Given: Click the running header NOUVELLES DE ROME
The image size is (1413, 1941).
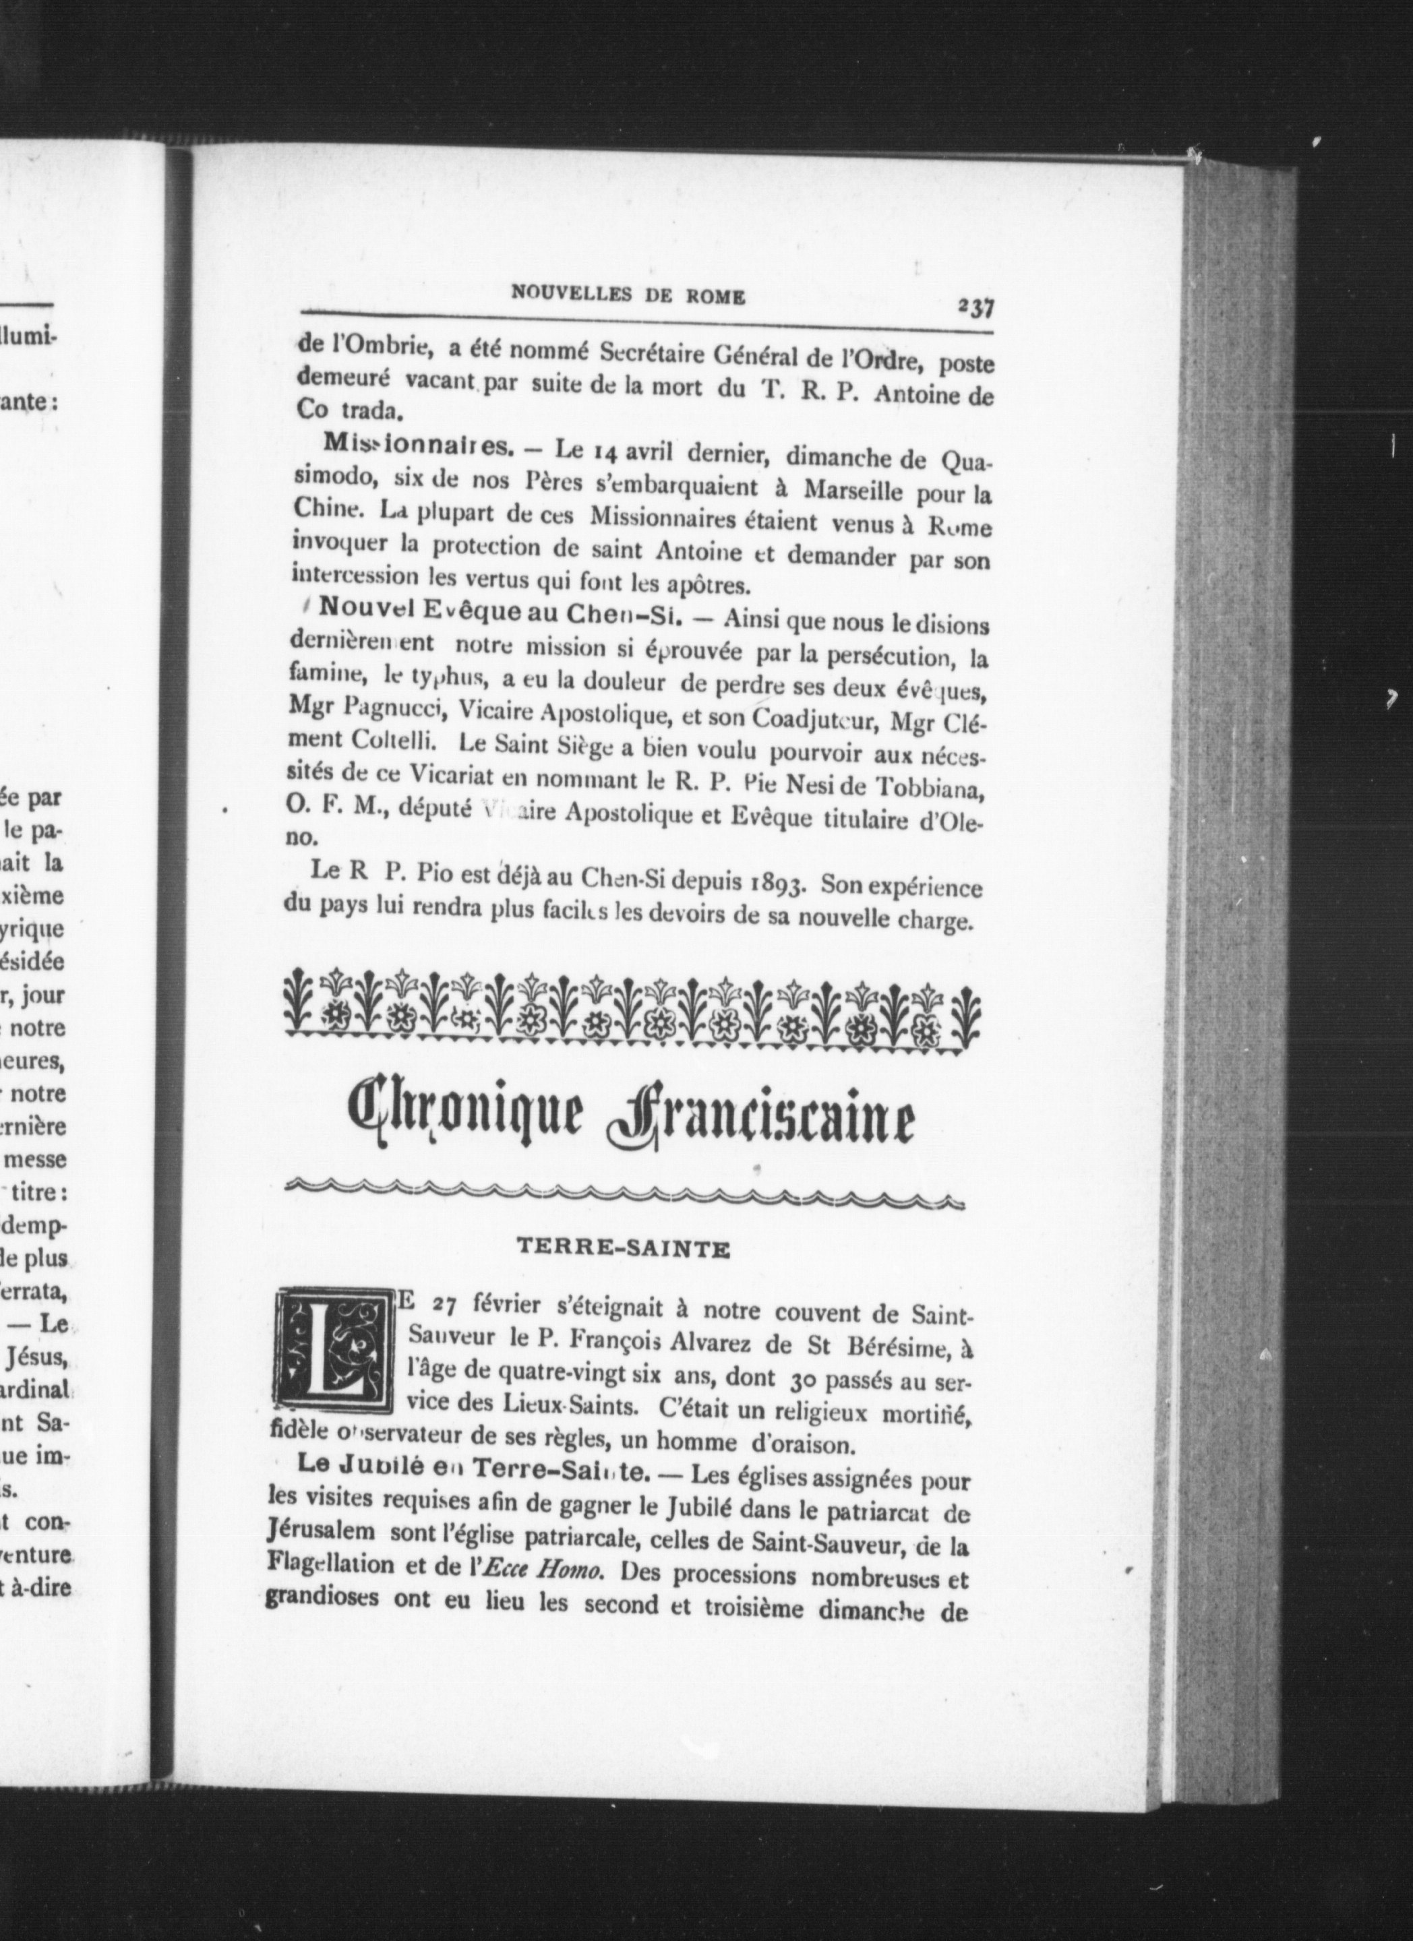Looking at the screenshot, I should tap(628, 295).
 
